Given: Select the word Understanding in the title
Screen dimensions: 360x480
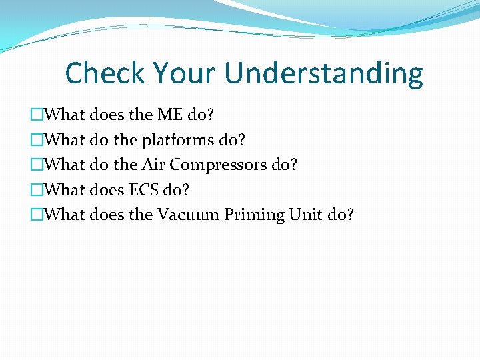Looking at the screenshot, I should click(x=324, y=73).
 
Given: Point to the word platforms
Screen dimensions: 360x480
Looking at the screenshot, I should click(x=179, y=141).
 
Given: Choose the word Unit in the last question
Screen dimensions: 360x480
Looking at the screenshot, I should click(x=305, y=215).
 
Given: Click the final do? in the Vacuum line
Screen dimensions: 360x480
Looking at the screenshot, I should click(x=339, y=215).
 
